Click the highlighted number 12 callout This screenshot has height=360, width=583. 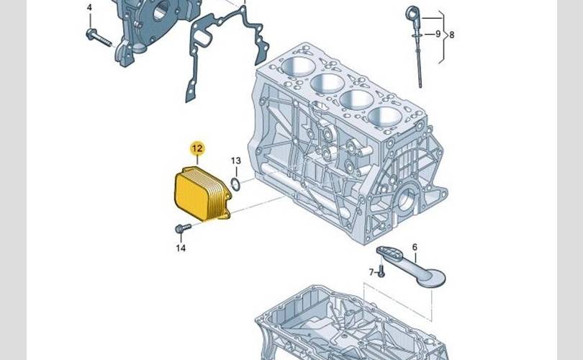pyautogui.click(x=197, y=148)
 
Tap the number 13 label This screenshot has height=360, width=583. pyautogui.click(x=236, y=161)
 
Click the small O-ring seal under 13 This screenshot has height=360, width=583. pyautogui.click(x=235, y=184)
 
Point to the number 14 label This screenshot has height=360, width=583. pyautogui.click(x=181, y=248)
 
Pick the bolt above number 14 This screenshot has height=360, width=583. pyautogui.click(x=183, y=228)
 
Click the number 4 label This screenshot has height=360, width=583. pyautogui.click(x=89, y=7)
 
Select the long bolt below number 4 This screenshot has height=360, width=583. pyautogui.click(x=99, y=38)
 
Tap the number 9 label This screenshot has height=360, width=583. pyautogui.click(x=438, y=34)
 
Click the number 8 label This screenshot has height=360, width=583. pyautogui.click(x=452, y=35)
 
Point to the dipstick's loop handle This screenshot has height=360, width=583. pyautogui.click(x=412, y=13)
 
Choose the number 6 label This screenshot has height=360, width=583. pyautogui.click(x=415, y=247)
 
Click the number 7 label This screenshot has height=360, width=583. pyautogui.click(x=371, y=272)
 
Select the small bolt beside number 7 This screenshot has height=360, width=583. pyautogui.click(x=380, y=272)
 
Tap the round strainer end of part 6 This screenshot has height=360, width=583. pyautogui.click(x=431, y=278)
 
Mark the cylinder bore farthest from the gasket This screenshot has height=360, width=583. pyautogui.click(x=384, y=117)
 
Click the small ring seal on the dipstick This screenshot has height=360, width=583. pyautogui.click(x=417, y=35)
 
